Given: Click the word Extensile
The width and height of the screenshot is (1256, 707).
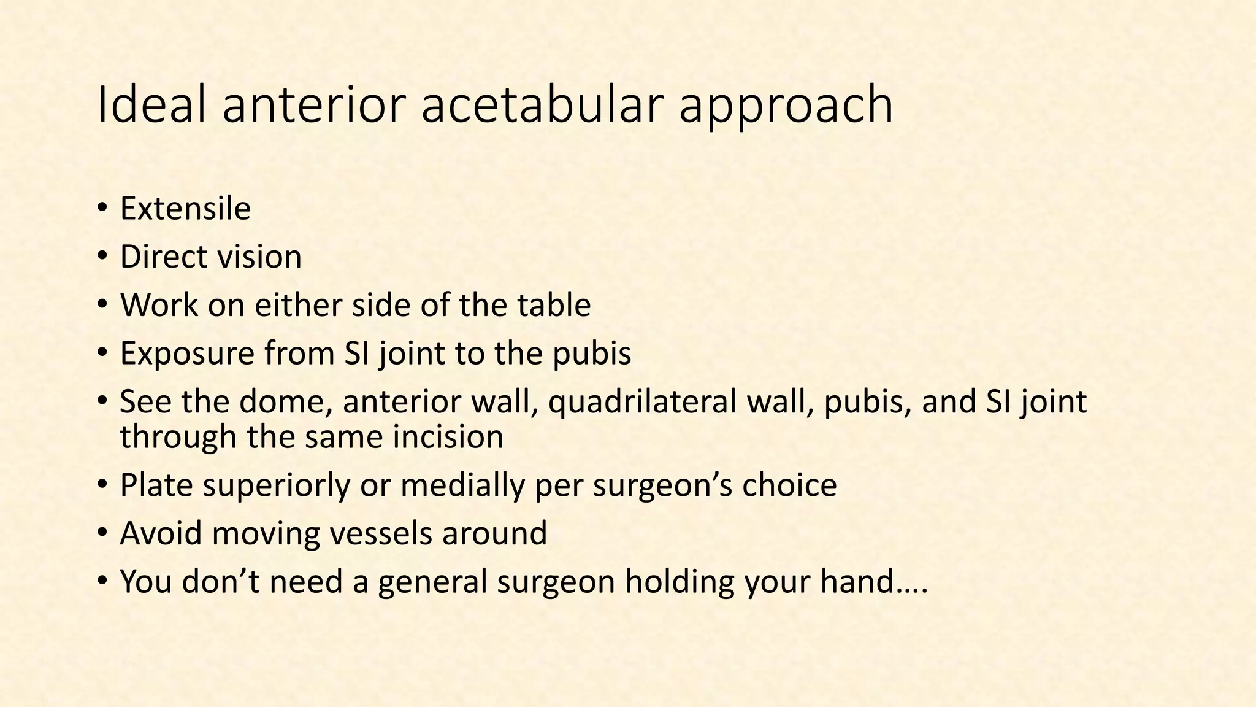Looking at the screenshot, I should tap(185, 209).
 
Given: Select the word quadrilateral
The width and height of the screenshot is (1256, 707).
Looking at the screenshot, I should tap(641, 401).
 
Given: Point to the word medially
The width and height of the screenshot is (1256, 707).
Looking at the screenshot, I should tap(463, 485).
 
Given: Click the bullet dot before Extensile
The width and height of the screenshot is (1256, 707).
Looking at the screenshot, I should tap(102, 209).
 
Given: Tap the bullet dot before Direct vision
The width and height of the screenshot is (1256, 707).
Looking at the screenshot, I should tap(102, 257).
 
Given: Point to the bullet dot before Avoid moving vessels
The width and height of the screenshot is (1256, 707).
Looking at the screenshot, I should tap(102, 533).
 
